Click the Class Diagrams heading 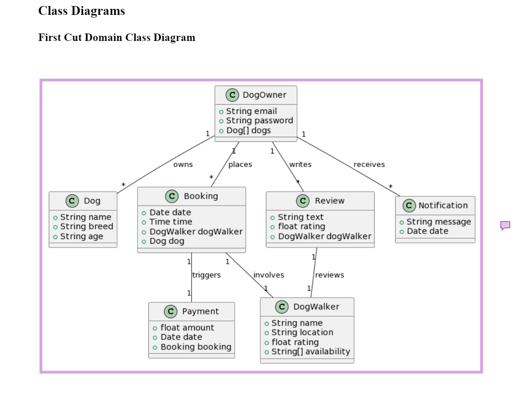[x=81, y=11]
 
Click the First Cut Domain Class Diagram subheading [x=117, y=37]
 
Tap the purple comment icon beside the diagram [x=505, y=226]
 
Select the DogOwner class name [x=264, y=95]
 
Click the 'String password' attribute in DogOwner [x=259, y=120]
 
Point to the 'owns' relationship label [x=183, y=164]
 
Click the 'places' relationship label [x=240, y=164]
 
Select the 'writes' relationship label [x=300, y=164]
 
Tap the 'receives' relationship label [x=369, y=164]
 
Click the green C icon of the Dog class [x=72, y=201]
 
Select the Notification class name [x=443, y=205]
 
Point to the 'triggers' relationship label [x=206, y=275]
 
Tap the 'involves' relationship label [x=269, y=275]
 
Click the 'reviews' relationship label [x=330, y=275]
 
